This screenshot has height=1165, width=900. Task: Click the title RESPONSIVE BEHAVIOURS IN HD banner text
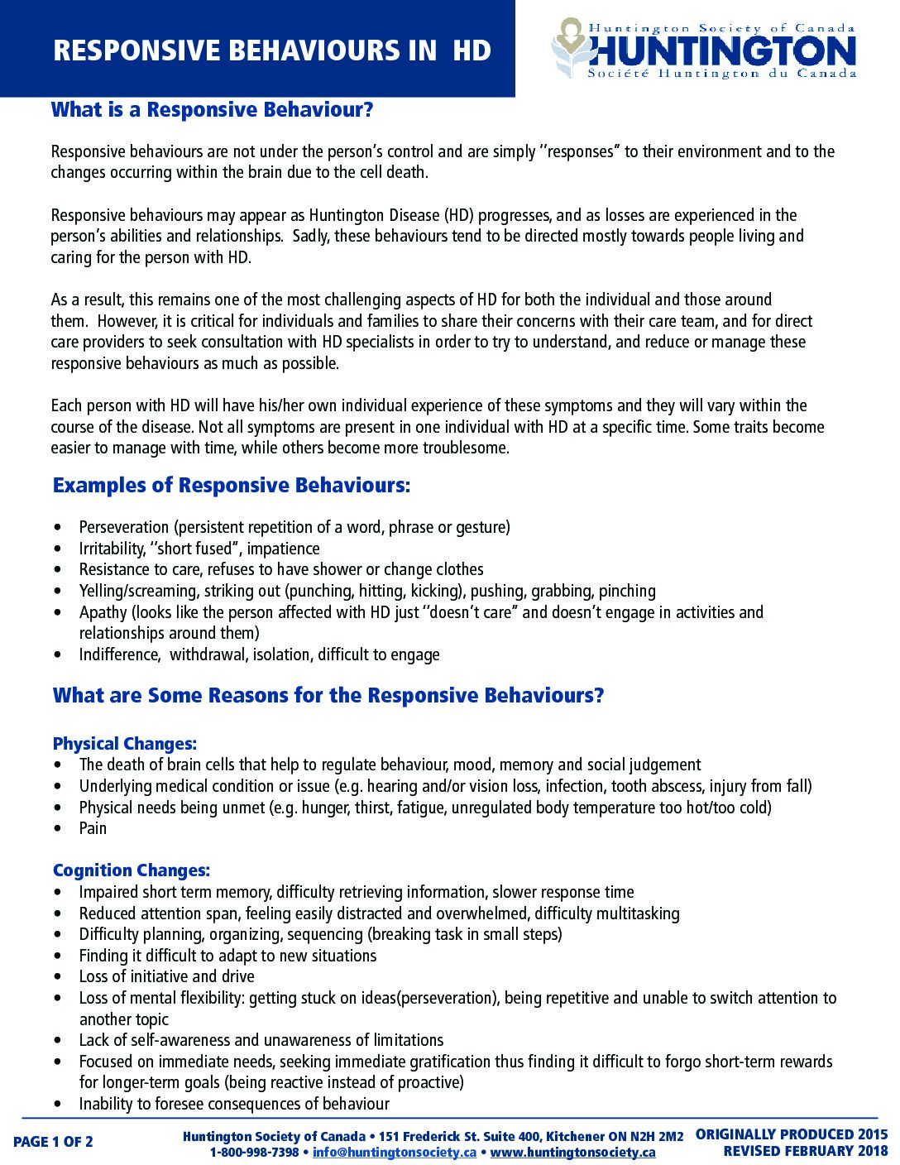272,50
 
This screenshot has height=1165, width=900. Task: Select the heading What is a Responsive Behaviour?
213,110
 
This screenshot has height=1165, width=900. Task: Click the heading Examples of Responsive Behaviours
231,486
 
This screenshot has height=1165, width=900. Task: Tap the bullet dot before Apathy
57,612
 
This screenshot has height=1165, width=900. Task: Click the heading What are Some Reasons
328,695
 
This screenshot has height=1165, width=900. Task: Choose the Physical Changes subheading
124,744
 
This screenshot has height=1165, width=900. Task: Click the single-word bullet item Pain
93,828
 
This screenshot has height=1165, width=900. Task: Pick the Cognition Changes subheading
131,870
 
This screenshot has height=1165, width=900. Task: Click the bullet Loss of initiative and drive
166,976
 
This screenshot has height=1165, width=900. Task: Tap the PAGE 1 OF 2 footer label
53,1142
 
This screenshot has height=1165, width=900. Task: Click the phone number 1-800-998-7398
253,1153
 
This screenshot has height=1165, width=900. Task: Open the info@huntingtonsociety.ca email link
394,1153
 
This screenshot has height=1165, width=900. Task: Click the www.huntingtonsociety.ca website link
572,1153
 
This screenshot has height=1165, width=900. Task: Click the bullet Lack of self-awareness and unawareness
261,1040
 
